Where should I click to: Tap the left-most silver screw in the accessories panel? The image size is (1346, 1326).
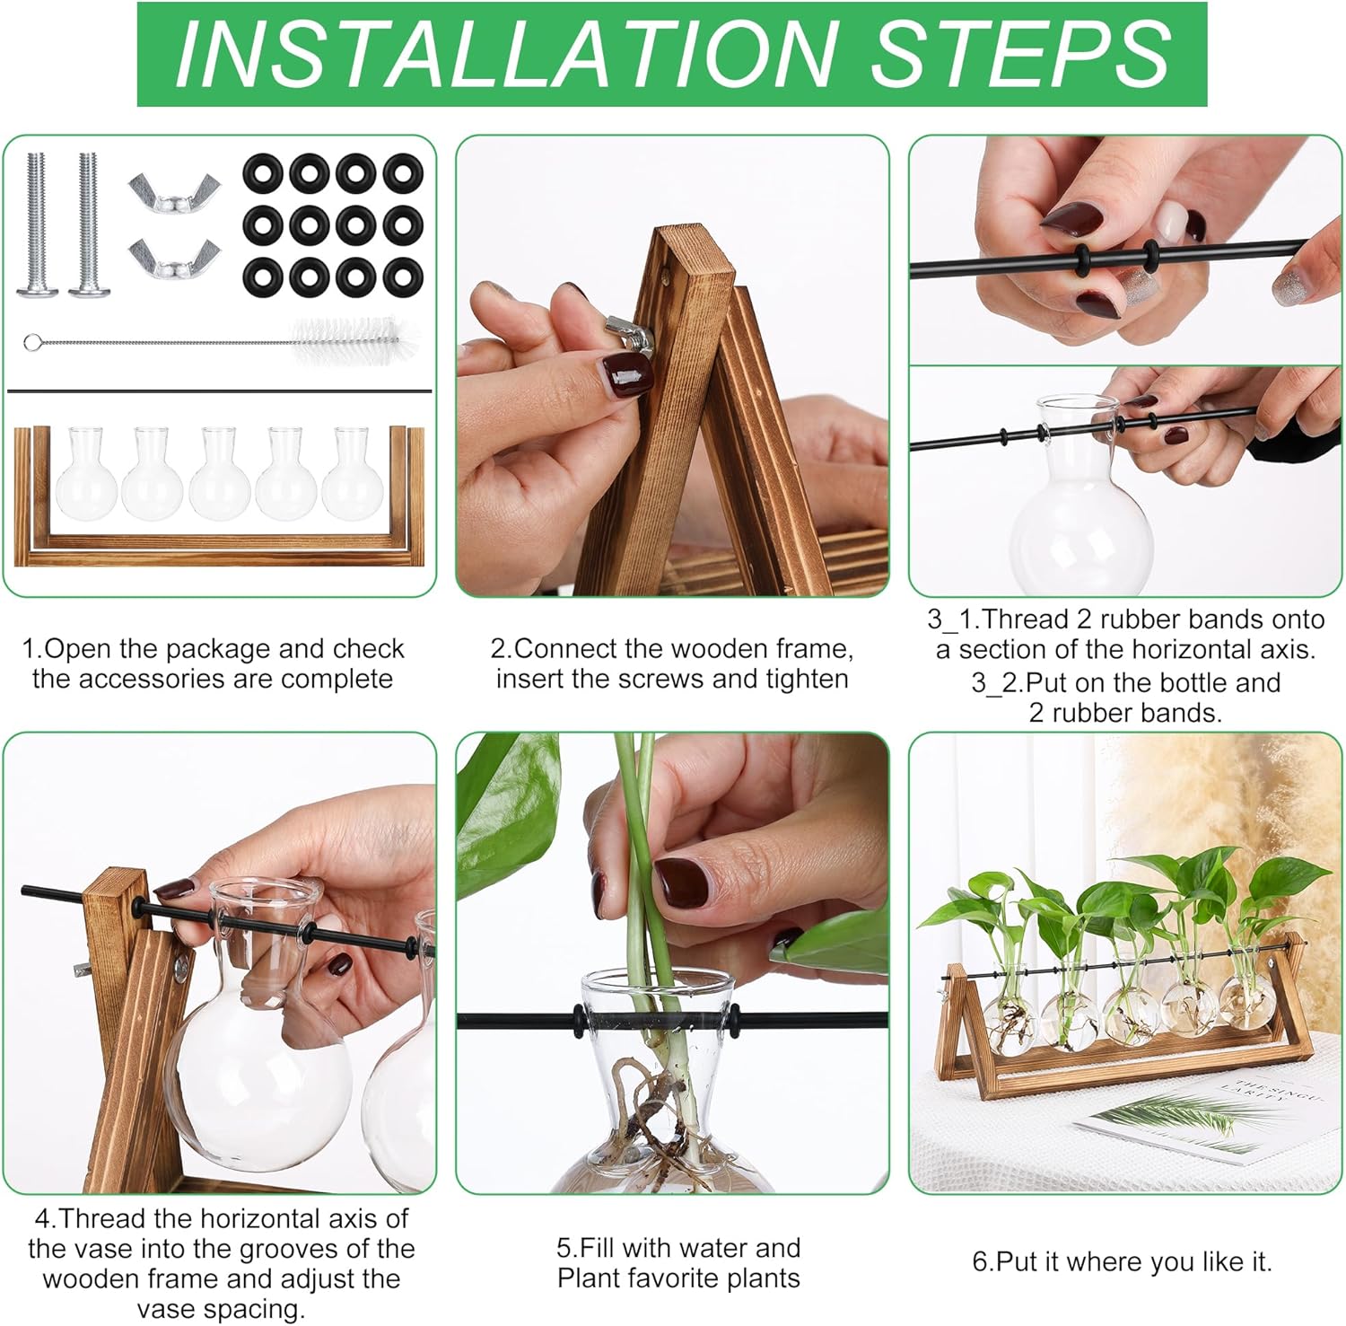(x=37, y=224)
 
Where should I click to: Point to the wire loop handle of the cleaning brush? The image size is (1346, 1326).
(x=32, y=342)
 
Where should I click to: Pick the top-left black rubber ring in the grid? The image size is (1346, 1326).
(x=263, y=173)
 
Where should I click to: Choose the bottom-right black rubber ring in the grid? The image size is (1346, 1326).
(x=402, y=277)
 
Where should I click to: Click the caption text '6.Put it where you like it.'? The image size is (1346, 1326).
(x=1122, y=1261)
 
